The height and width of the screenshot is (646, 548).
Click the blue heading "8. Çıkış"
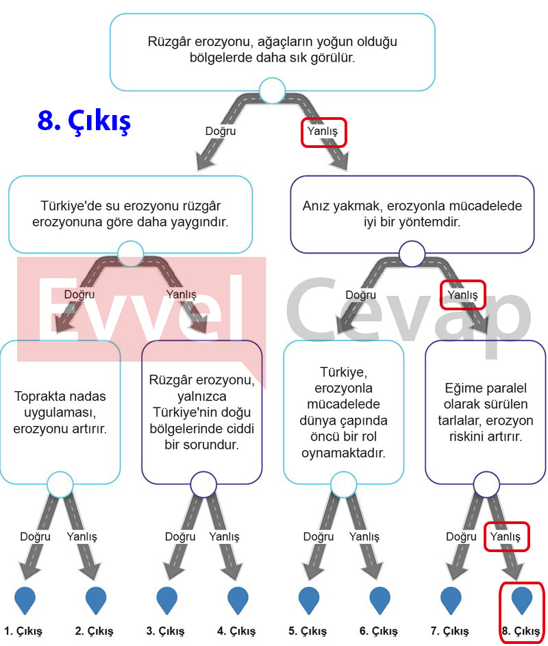point(84,121)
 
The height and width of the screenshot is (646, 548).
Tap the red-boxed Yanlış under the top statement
point(323,131)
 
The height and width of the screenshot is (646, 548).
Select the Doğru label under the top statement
point(221,131)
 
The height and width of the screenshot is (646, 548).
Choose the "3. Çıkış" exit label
point(165,631)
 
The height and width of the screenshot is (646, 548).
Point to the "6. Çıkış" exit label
point(378,631)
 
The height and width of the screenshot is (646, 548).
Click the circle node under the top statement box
point(272,90)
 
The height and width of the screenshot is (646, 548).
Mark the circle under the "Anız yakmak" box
point(412,253)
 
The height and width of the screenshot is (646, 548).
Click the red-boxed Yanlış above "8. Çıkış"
point(505,536)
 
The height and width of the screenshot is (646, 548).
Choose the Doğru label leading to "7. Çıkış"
point(461,536)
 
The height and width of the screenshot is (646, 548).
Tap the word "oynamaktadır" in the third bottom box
point(343,453)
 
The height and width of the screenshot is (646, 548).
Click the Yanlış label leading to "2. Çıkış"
point(82,536)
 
